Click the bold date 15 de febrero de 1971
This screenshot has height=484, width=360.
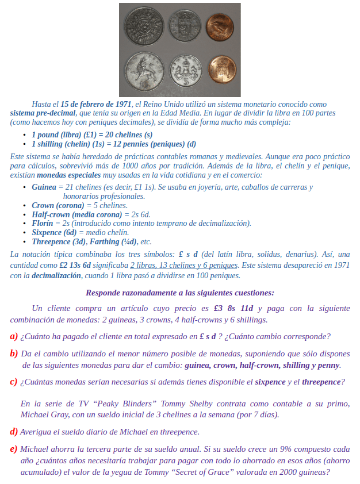[96, 104]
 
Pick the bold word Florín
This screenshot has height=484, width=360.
[43, 223]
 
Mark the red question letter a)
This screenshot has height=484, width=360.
[14, 336]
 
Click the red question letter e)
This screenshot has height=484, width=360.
[14, 449]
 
